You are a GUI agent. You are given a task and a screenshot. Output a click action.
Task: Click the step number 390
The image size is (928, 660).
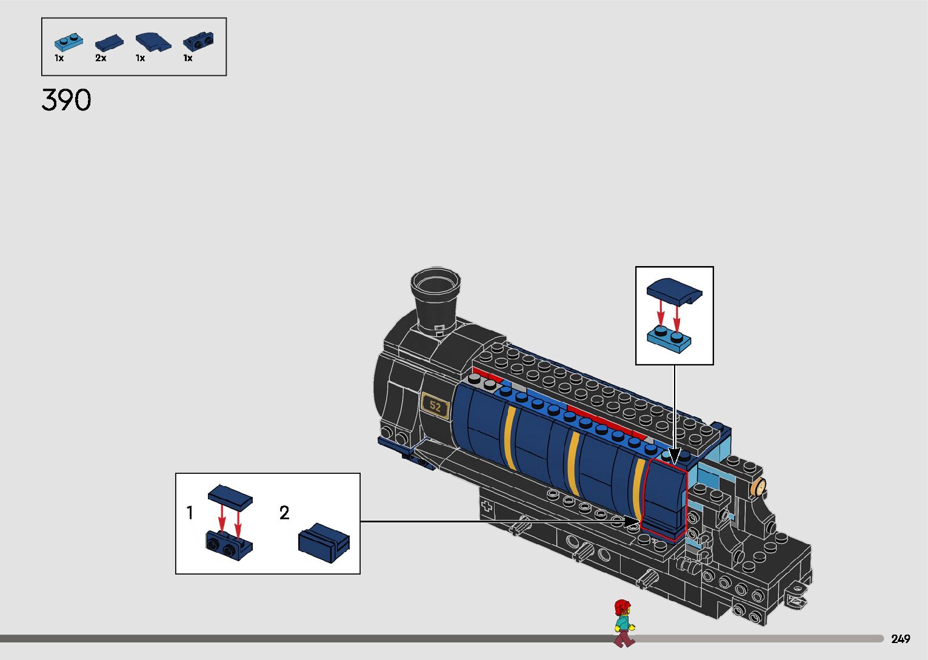tap(67, 100)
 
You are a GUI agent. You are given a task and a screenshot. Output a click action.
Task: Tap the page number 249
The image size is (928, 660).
tap(901, 639)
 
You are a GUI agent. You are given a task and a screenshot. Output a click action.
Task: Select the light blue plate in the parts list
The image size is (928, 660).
tap(68, 42)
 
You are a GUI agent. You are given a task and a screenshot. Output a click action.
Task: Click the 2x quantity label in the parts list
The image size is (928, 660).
tap(101, 58)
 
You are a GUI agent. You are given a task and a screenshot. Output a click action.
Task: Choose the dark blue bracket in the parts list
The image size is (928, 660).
tap(198, 41)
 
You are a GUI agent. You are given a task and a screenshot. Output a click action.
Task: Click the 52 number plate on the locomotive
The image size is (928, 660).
tap(435, 406)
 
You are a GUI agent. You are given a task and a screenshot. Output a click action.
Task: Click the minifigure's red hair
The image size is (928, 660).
tap(622, 607)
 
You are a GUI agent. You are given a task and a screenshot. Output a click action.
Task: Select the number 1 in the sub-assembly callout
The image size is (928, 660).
tap(190, 513)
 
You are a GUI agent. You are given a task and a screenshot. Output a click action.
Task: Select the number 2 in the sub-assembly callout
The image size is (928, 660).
tap(284, 513)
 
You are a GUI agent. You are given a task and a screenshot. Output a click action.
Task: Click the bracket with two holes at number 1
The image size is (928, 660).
tap(228, 544)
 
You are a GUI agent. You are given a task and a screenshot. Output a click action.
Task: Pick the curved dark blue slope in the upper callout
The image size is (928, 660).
tap(674, 290)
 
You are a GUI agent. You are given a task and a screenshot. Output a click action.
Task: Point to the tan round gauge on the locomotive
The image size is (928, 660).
tap(758, 487)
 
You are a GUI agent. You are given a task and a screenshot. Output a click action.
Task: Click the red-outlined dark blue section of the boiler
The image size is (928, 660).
tap(664, 497)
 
